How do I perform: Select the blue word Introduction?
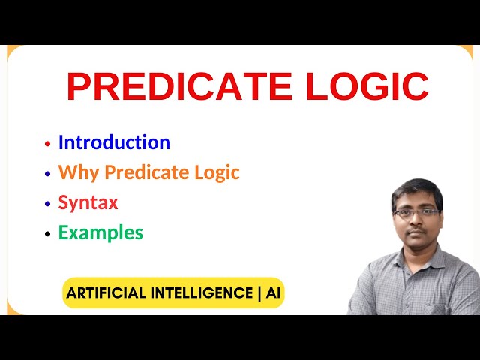coord(114,142)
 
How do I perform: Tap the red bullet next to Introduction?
coord(48,143)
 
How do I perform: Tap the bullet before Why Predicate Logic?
coord(48,173)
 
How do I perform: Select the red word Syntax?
coord(88,202)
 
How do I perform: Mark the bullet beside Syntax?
coord(48,203)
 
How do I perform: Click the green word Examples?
coord(100,232)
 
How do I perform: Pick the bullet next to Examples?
coord(48,233)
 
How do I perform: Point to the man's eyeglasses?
coord(417,213)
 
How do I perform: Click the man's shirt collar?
coord(417,259)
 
